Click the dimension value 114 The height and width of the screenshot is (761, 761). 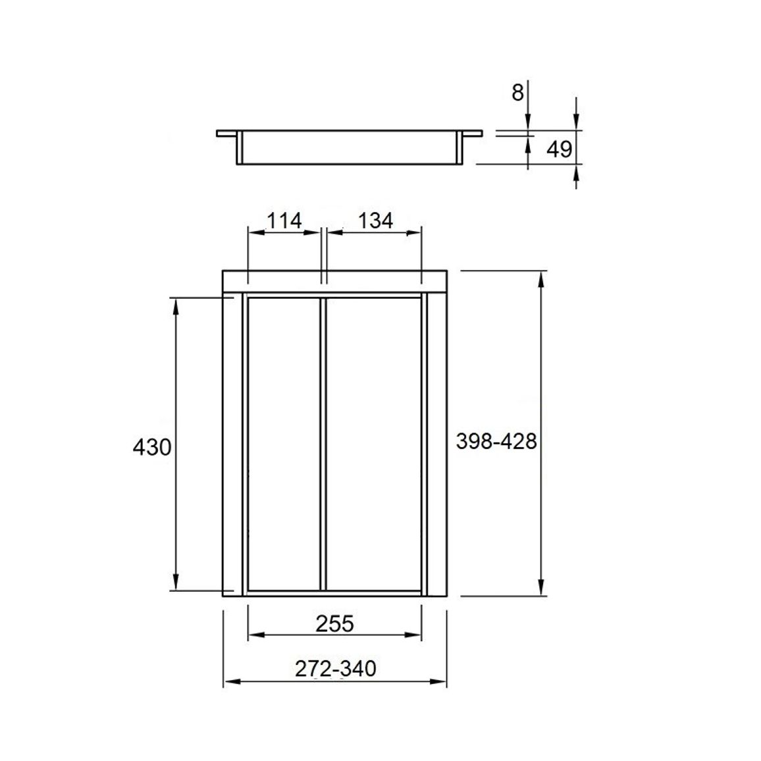coord(285,221)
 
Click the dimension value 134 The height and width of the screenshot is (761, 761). coord(375,221)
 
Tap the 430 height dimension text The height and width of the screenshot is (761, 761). coord(152,447)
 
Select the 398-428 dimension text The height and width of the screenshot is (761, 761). coord(496,442)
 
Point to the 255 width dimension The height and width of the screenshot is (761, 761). coord(335,624)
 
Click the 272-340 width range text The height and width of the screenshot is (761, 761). coord(335,669)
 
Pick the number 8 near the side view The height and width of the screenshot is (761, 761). coord(518,92)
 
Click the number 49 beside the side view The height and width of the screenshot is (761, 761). coord(560,149)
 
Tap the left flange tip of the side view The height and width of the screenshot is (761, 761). coord(217,133)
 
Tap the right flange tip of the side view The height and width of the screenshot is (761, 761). coord(482,133)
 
